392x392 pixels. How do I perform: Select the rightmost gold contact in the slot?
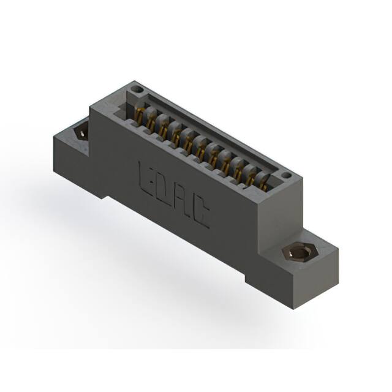[x=262, y=181]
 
